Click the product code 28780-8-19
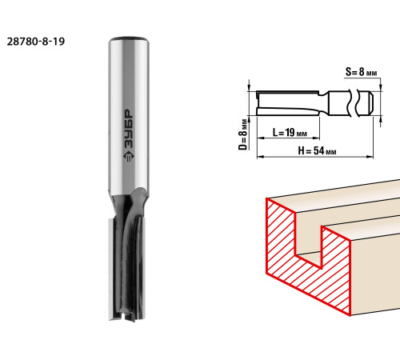(x=36, y=42)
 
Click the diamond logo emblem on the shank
(x=129, y=156)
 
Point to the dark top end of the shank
(x=129, y=38)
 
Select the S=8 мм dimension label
(x=362, y=72)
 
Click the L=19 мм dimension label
(x=290, y=132)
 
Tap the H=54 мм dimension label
(x=317, y=150)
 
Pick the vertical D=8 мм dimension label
(x=243, y=134)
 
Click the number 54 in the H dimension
(x=319, y=150)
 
